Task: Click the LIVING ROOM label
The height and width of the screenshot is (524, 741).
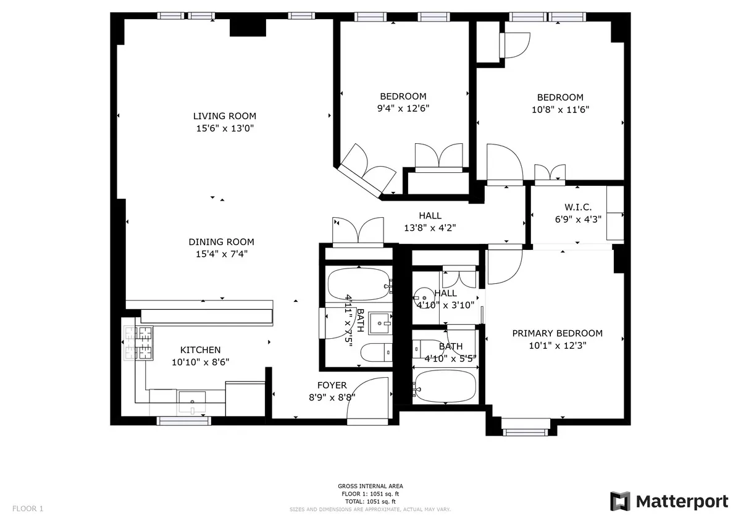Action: pos(224,116)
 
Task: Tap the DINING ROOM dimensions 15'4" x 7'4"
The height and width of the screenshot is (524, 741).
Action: pos(221,254)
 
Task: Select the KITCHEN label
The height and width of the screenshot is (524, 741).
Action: pos(200,350)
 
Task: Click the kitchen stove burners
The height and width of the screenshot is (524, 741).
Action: pos(138,343)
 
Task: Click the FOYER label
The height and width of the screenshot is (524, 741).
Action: pos(332,386)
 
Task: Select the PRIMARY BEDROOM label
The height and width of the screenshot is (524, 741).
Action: pos(557,333)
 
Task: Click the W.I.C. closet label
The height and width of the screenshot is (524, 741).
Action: pos(578,207)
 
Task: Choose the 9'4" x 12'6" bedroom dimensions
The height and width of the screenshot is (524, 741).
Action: pos(403,108)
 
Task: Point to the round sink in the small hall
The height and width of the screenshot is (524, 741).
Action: pos(424,297)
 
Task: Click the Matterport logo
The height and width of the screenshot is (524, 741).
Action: pos(669,501)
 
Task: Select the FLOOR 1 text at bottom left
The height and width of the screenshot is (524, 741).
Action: pos(28,509)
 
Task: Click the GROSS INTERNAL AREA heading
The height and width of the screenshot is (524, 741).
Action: pos(371,486)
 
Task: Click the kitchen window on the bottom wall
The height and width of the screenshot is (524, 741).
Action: pos(184,421)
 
